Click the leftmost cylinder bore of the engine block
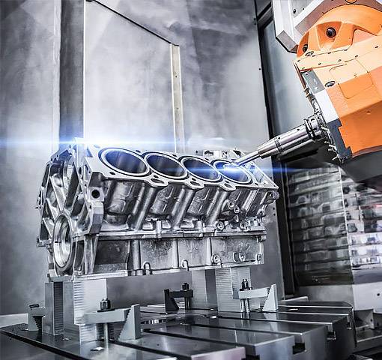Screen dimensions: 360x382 pos(124,160)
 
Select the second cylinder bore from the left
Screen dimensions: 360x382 pos(165,165)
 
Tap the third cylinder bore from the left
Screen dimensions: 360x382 pos(201,169)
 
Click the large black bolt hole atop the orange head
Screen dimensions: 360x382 pos(330,32)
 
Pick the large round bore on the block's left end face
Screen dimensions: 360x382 pos(63,241)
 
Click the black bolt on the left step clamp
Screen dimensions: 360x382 pos(104,304)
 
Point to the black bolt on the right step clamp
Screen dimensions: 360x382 pos(244,285)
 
